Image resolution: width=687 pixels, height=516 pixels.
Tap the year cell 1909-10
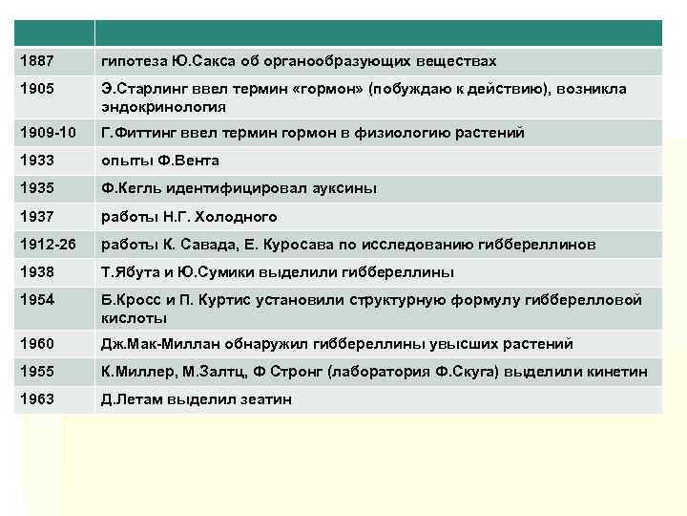(44, 133)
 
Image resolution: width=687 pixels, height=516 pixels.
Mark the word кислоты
(135, 318)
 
